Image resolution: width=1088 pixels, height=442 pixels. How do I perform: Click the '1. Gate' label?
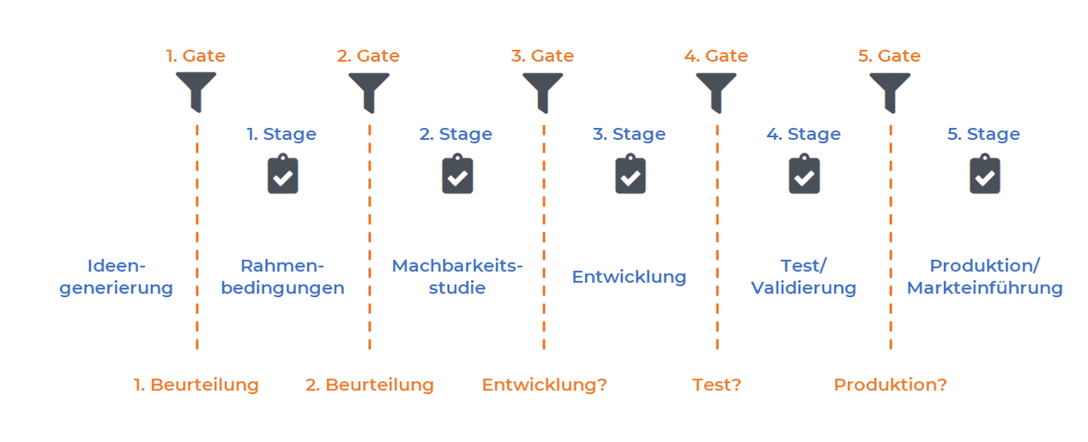pos(196,56)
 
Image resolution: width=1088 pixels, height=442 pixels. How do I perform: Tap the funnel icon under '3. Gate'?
pos(542,90)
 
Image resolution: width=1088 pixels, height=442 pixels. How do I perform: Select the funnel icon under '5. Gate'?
pos(889,90)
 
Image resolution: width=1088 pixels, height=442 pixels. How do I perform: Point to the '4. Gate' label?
pos(716,56)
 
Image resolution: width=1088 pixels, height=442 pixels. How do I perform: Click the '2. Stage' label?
pos(456,134)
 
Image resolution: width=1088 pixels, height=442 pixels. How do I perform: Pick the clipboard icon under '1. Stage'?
pos(282,174)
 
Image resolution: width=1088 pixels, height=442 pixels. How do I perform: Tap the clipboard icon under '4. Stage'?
pos(803,174)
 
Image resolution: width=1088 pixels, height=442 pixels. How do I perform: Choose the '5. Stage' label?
pos(983,134)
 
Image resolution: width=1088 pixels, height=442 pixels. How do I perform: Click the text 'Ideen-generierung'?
pos(116,276)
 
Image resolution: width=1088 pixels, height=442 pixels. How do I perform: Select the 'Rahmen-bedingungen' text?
pos(282,276)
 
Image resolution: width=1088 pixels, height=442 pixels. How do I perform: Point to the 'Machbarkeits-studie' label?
pos(456,276)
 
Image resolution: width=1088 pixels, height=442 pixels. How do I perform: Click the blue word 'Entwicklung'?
pos(629,276)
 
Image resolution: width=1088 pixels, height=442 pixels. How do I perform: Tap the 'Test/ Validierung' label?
pos(803,276)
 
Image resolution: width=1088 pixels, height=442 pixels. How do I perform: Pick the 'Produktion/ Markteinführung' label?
pos(984,276)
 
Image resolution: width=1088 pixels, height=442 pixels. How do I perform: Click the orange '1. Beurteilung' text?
pos(196,384)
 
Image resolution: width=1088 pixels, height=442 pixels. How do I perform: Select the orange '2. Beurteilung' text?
pos(369,384)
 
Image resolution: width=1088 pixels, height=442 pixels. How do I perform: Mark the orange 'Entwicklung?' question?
pos(544,384)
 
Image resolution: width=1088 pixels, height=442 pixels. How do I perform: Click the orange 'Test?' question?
pos(716,384)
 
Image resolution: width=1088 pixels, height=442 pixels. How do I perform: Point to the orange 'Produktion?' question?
pos(890,384)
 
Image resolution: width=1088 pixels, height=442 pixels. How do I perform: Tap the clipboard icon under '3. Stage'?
pos(630,174)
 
